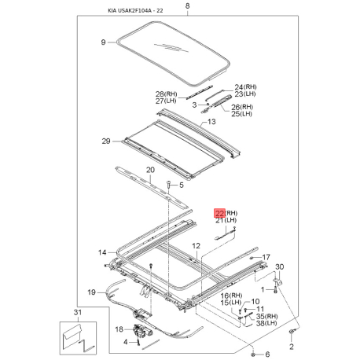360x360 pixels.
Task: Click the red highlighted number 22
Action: tap(220, 213)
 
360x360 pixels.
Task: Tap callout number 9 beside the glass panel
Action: tap(103, 42)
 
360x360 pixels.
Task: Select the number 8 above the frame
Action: tap(187, 6)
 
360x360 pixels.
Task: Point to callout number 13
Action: tap(211, 122)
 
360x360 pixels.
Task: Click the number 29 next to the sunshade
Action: tap(106, 141)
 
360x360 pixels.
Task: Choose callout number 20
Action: tap(150, 170)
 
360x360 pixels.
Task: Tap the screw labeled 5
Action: tap(169, 184)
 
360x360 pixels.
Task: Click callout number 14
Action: tap(102, 252)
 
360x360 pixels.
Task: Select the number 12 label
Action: tap(196, 246)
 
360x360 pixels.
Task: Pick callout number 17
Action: tap(266, 257)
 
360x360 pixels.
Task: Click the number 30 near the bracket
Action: tap(280, 267)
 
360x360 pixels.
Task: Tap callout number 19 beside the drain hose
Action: tap(91, 292)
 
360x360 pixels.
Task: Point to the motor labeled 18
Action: tap(141, 331)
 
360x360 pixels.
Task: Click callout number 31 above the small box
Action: tap(77, 312)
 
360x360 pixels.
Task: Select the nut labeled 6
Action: tap(253, 354)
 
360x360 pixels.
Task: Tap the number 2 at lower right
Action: tap(292, 347)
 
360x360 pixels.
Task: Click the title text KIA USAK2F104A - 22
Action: tap(135, 11)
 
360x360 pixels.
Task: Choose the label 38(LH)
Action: tap(266, 323)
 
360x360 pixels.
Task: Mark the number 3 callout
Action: tap(194, 105)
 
